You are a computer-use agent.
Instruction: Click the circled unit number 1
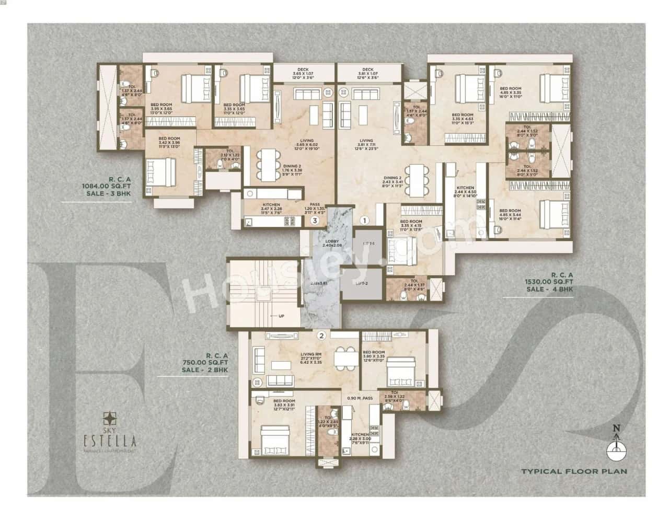[365, 220]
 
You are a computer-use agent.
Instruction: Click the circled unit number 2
[322, 336]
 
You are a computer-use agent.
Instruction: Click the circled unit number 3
[314, 221]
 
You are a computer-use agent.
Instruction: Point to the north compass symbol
[617, 447]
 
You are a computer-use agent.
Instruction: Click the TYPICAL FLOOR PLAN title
[573, 471]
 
